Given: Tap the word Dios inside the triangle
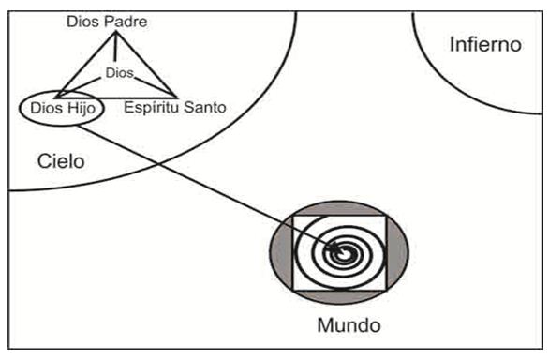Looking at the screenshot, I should tap(120, 70).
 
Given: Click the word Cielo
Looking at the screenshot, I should tap(62, 160).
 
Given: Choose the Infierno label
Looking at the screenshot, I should tap(483, 44).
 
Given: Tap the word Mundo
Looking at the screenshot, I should tap(349, 327).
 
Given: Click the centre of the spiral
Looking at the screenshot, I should tap(345, 251).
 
